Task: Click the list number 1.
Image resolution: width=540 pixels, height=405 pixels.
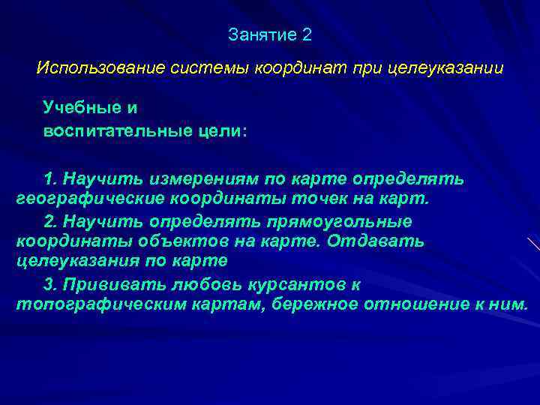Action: point(49,180)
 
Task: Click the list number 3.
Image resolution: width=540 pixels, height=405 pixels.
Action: point(49,285)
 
